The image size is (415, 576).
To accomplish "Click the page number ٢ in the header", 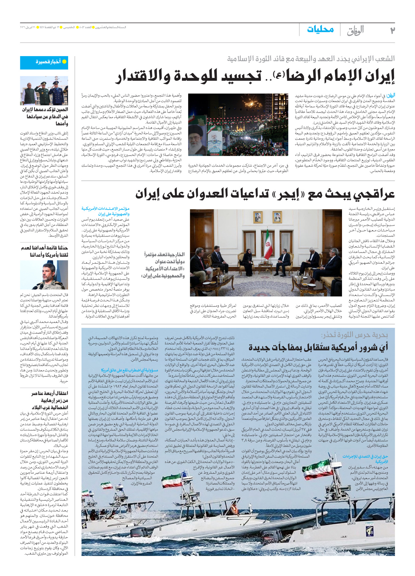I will [392, 30].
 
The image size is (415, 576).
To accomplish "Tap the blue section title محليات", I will [320, 30].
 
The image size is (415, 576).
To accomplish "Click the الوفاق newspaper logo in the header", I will [355, 30].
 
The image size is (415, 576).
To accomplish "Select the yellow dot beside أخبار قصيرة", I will [64, 62].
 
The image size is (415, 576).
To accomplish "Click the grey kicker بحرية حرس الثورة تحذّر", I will [354, 335].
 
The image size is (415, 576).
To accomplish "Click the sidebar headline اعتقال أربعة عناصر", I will [49, 393].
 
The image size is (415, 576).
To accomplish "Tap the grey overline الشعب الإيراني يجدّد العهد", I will [311, 59].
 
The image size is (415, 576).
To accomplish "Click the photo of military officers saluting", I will [44, 90].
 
